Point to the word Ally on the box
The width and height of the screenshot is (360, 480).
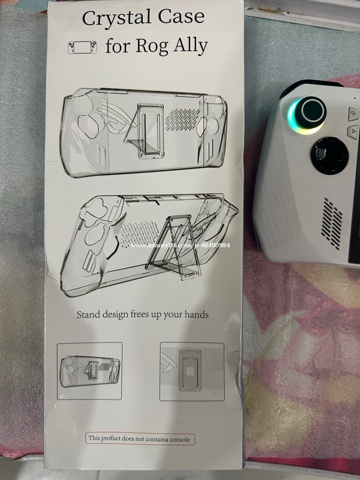tap(190, 47)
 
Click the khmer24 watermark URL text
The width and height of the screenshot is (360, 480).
tap(180, 245)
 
